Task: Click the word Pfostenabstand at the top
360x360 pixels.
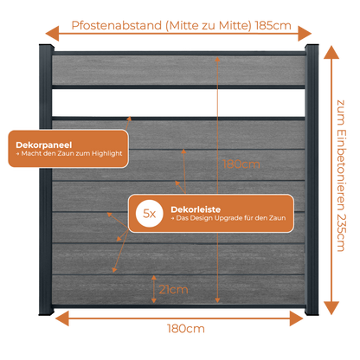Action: [x=117, y=26]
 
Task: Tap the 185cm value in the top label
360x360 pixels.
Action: [x=273, y=26]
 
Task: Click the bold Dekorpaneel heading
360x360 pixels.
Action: [x=44, y=145]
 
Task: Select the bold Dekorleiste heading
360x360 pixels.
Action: [x=196, y=209]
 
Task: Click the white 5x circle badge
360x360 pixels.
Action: [x=150, y=214]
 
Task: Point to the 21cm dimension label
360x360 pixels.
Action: [x=173, y=289]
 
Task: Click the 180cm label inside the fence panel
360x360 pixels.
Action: [x=241, y=164]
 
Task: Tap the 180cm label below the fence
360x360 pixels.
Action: [x=186, y=329]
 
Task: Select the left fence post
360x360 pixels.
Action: [x=46, y=179]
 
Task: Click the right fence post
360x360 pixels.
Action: [x=312, y=179]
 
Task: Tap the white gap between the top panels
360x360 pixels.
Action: [x=178, y=103]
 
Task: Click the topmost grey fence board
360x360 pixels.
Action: [x=178, y=70]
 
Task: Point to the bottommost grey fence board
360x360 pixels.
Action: [x=178, y=289]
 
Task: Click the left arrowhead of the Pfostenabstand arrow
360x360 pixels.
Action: [x=52, y=34]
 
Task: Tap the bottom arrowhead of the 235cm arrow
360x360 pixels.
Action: [x=331, y=308]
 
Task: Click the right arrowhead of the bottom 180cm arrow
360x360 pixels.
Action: [x=297, y=318]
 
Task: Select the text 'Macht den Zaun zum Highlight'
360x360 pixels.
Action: [x=72, y=153]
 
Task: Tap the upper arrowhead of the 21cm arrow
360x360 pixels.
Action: [x=154, y=278]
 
